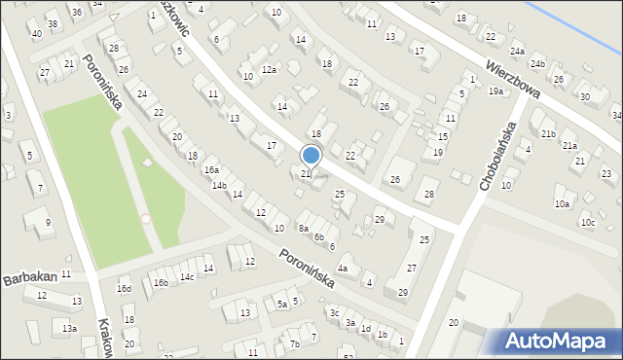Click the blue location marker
(311, 155)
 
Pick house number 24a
(517, 52)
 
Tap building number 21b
(548, 133)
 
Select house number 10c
(587, 222)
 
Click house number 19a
(495, 90)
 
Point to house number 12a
(268, 69)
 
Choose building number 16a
(211, 169)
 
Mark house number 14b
(219, 185)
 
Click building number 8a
(304, 229)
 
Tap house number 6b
(318, 236)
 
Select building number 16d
(124, 288)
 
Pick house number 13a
(70, 329)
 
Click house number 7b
(294, 343)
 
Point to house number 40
(36, 34)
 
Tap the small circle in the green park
(146, 219)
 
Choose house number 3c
(334, 312)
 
